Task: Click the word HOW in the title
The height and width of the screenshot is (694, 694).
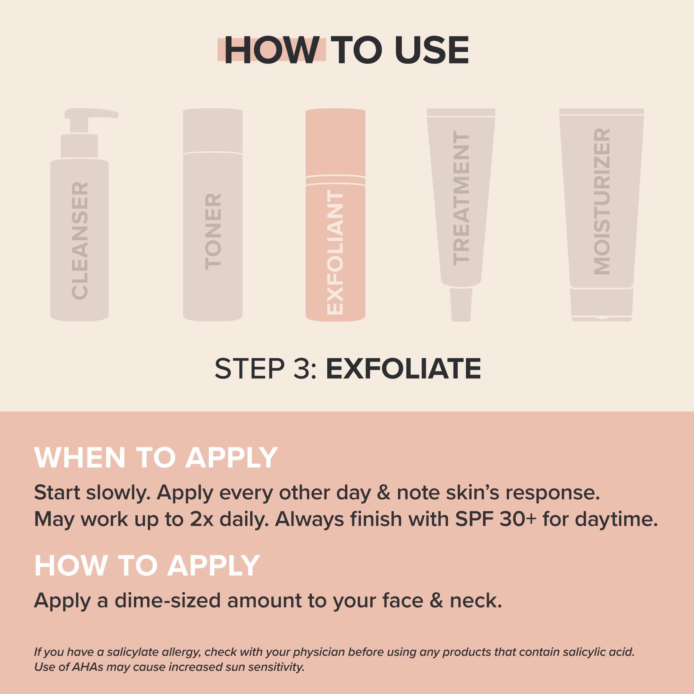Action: coord(272,50)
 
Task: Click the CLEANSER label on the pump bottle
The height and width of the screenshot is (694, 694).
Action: coord(80,241)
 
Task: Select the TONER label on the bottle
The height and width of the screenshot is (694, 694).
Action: coord(213,232)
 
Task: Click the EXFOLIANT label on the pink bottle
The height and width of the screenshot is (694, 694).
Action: coord(336,253)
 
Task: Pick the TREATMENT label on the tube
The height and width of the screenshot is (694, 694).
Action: coord(461,198)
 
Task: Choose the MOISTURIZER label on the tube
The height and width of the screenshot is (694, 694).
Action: coord(602,202)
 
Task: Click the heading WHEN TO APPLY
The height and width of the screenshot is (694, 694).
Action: coord(156,458)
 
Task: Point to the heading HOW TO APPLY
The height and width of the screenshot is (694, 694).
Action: coord(147,565)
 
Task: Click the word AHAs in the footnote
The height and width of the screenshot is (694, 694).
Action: coord(86,667)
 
